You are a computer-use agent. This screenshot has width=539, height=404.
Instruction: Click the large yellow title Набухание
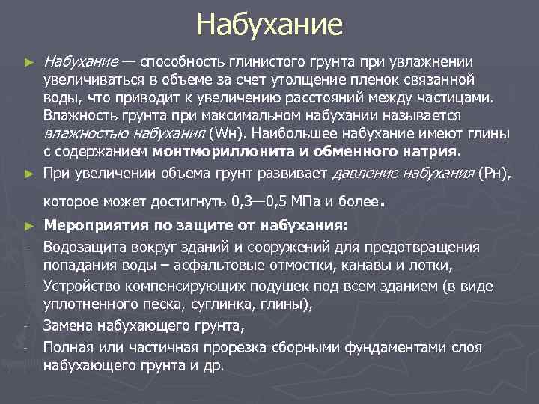pyautogui.click(x=269, y=25)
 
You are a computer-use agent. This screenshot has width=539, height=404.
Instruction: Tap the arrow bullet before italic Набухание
pyautogui.click(x=29, y=61)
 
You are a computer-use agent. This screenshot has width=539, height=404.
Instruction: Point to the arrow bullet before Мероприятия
pyautogui.click(x=29, y=225)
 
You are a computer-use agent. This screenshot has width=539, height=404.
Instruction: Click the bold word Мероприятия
pyautogui.click(x=91, y=225)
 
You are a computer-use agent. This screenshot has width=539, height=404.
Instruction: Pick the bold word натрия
pyautogui.click(x=433, y=152)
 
